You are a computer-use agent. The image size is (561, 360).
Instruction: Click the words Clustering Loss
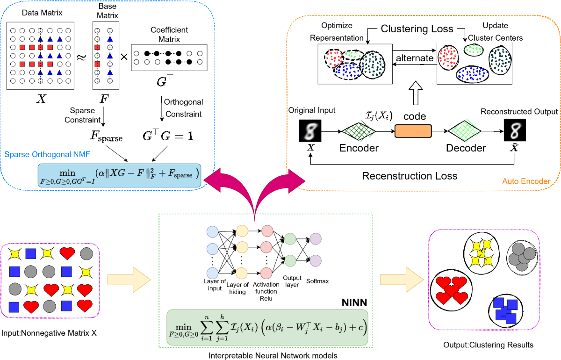(417, 29)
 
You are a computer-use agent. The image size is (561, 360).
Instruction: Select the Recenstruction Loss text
(410, 176)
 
